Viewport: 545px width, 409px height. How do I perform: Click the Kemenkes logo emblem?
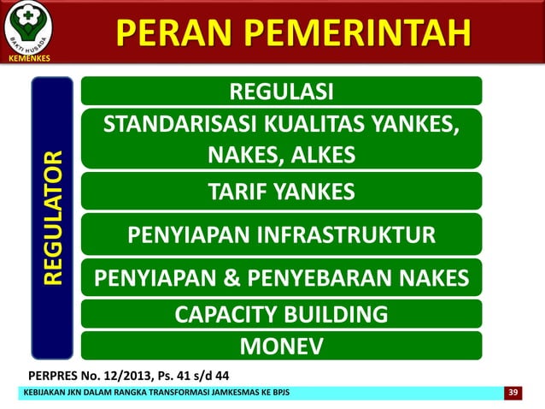[28, 27]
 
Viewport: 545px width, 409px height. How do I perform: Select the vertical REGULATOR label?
[53, 218]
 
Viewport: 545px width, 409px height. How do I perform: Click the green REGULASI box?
[281, 91]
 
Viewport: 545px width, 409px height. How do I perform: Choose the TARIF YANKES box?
[281, 193]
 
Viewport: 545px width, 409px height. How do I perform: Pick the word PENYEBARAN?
[326, 278]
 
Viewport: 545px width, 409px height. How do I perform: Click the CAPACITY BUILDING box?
[281, 314]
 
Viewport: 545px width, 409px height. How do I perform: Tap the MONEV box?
[281, 345]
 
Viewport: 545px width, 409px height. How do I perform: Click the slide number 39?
[513, 392]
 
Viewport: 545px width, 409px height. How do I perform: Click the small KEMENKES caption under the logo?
[28, 58]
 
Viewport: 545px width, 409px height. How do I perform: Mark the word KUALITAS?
[306, 126]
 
